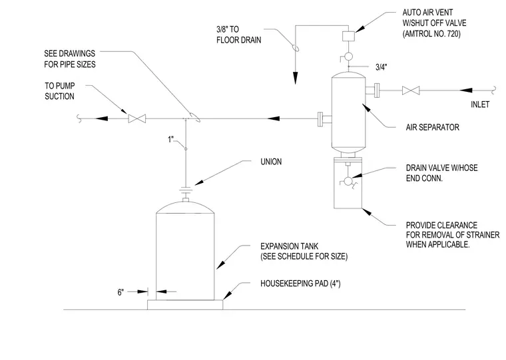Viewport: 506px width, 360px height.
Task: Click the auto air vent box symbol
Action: pos(348,36)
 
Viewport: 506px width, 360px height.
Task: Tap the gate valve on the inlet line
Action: pos(411,90)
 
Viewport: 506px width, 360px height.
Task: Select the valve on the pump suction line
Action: pos(137,118)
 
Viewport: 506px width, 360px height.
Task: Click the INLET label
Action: pos(480,104)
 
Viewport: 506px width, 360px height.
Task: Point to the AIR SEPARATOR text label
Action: pos(432,127)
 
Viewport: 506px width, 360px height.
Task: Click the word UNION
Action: pos(271,162)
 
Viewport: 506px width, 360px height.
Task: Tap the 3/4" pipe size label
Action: pos(381,67)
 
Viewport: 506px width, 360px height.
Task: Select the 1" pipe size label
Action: pos(170,139)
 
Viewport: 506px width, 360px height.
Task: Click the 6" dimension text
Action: pos(121,292)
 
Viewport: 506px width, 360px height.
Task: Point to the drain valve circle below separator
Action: pos(348,181)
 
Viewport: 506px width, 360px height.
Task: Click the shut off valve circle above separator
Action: pos(348,57)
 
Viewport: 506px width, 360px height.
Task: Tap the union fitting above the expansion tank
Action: pos(186,190)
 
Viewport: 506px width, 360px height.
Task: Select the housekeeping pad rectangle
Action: pos(185,305)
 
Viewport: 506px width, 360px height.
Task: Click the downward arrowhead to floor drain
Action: pos(295,79)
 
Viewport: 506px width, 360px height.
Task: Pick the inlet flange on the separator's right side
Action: pos(377,90)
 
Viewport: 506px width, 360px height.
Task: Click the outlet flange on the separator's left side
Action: pos(320,119)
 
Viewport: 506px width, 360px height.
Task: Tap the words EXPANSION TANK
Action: pos(289,246)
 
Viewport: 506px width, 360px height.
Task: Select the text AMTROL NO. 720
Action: pos(431,33)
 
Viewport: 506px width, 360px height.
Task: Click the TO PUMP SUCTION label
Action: pos(60,91)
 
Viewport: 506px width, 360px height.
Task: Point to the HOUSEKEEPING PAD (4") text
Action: pos(300,283)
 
